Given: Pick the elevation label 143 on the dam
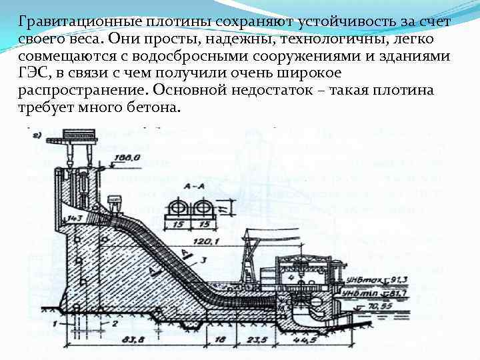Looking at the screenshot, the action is coord(74,218).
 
